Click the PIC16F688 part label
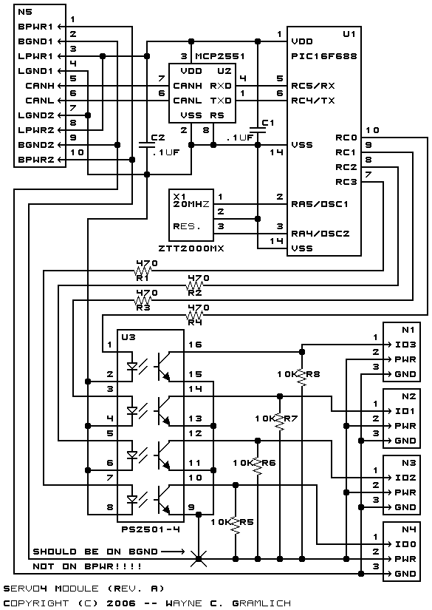(x=323, y=56)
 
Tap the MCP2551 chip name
(x=220, y=56)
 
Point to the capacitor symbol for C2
(x=146, y=145)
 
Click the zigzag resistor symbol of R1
(x=143, y=270)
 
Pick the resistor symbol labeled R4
(x=195, y=314)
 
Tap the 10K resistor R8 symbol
(x=302, y=376)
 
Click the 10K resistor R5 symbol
(x=235, y=524)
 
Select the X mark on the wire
(x=199, y=559)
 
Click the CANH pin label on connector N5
(x=40, y=86)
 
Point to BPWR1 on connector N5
(x=35, y=27)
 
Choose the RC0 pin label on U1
(x=346, y=138)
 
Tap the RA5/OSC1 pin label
(x=320, y=204)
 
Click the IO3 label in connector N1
(x=405, y=345)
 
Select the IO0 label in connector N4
(x=405, y=544)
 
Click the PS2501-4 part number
(x=151, y=529)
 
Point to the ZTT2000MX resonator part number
(x=191, y=248)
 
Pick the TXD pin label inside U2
(x=221, y=101)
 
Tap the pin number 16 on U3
(x=195, y=345)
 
